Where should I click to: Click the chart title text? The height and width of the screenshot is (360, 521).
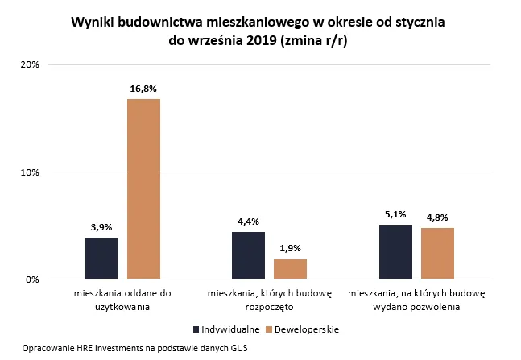tap(263, 33)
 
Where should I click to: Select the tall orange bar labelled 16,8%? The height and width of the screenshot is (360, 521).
tap(143, 189)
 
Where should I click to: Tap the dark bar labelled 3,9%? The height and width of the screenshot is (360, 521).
tap(101, 259)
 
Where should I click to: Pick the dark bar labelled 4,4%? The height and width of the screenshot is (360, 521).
tap(248, 255)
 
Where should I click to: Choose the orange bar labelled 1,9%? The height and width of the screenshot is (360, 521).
tap(290, 269)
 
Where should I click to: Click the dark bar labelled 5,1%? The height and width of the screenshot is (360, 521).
tap(395, 252)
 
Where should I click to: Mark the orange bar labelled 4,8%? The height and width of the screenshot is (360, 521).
tap(437, 254)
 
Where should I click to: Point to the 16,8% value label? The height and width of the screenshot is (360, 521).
tap(143, 89)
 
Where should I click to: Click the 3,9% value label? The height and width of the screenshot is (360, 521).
tap(101, 227)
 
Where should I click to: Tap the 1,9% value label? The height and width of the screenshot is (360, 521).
tap(290, 249)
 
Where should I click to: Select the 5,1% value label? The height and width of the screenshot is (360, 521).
tap(395, 215)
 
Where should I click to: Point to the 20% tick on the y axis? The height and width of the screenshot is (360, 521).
tap(30, 64)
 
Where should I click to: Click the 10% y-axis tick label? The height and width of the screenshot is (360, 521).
tap(30, 172)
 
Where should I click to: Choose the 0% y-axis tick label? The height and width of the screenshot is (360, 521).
tap(32, 279)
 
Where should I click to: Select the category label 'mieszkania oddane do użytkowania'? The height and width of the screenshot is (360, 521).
tap(122, 300)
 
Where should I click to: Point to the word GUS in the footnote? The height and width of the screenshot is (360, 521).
tap(239, 348)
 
